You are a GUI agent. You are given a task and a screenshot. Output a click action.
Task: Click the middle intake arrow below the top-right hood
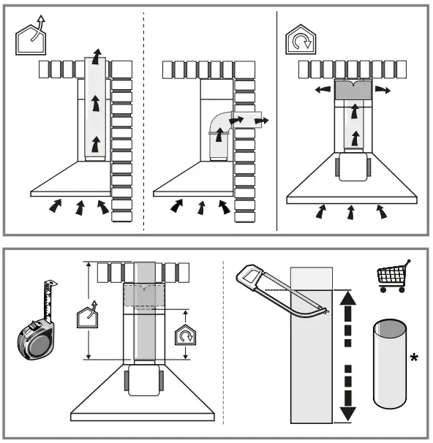click(x=352, y=212)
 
